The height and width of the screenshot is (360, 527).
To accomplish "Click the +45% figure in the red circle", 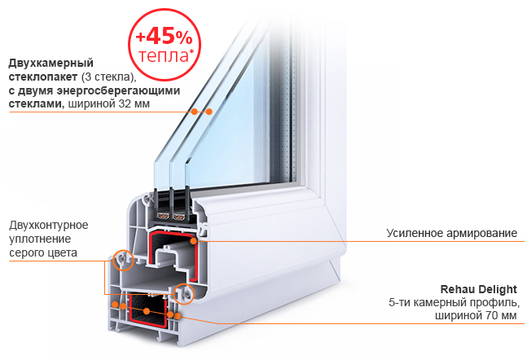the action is tap(164, 37).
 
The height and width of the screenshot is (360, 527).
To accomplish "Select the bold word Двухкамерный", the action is tap(51, 64).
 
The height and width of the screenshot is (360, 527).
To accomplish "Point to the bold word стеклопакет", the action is tap(43, 77).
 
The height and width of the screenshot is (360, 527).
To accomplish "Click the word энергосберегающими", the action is tap(118, 90).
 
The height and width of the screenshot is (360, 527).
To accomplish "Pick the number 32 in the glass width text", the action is tap(125, 104).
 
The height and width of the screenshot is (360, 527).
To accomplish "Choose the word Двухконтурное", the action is tap(49, 225).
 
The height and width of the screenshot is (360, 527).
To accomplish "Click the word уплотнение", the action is tap(41, 239).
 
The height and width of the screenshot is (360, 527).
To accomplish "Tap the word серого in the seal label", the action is tap(25, 252).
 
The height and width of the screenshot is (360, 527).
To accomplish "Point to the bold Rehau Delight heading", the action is tap(479, 289).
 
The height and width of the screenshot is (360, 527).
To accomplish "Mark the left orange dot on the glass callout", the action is tap(195, 112).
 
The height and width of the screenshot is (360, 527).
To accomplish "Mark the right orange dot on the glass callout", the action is tap(209, 112).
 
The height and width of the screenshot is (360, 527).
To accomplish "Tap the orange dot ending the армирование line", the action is tap(193, 240).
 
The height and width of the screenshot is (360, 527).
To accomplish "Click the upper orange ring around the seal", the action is tap(113, 260).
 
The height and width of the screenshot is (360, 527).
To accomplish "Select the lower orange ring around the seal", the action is tap(173, 294).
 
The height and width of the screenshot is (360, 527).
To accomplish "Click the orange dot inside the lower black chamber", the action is tap(147, 311).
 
